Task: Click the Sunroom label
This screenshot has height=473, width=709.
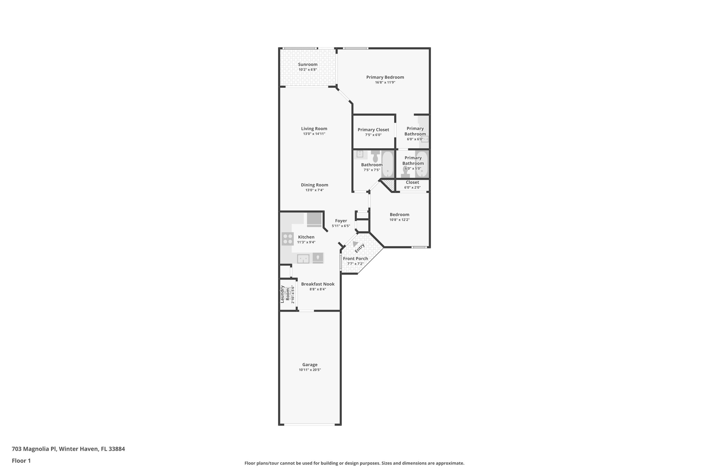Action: click(307, 64)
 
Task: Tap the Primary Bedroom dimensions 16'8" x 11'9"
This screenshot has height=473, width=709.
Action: click(385, 82)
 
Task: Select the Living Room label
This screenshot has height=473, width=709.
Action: click(314, 129)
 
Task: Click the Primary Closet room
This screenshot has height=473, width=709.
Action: click(373, 132)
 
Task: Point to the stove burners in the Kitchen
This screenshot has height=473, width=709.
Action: click(288, 239)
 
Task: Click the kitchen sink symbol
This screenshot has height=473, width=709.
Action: click(303, 259)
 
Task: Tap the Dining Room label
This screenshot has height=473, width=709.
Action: click(314, 185)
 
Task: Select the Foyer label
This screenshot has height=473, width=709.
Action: click(341, 221)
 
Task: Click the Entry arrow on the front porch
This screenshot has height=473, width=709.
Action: click(355, 244)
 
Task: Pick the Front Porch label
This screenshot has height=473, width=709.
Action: click(355, 259)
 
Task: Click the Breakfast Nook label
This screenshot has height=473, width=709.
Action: click(317, 284)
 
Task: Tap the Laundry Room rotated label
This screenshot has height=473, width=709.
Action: click(285, 294)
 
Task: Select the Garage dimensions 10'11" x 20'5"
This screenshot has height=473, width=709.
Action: click(309, 370)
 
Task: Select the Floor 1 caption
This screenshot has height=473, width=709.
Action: click(21, 461)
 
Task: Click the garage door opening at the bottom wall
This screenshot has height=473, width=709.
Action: click(309, 424)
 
